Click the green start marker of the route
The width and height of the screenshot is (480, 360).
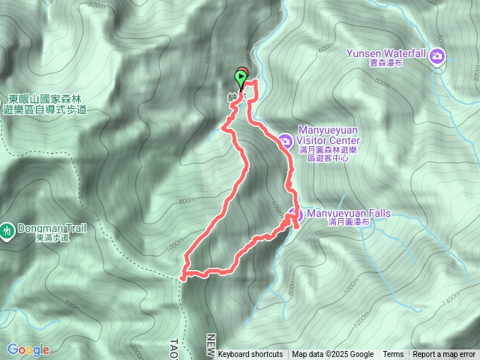point(241,76)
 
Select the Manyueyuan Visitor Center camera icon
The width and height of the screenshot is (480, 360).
point(285,140)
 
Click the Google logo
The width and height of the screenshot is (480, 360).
point(28,349)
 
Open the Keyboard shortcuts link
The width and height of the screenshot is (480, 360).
point(250,355)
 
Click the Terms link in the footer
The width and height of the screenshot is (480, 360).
point(393,355)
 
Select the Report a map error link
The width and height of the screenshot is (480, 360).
point(444,355)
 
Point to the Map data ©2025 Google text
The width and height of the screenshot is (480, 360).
point(333,355)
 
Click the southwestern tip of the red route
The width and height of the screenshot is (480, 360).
point(184,276)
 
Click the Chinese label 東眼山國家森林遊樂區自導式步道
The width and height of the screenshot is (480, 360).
point(45,104)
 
